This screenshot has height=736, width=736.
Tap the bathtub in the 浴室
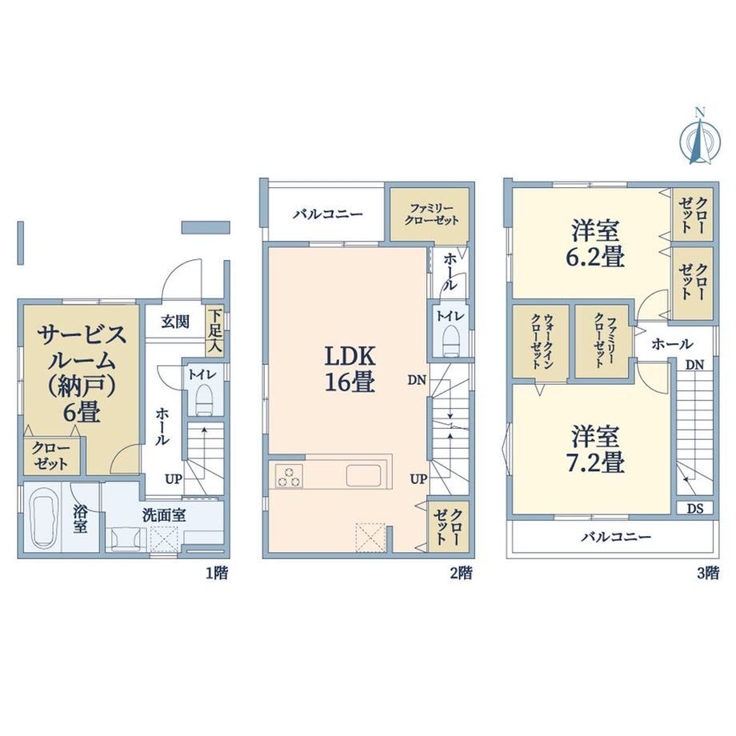[x=46, y=519]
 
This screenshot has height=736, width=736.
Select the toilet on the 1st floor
[x=204, y=399]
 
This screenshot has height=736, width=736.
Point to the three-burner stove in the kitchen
[x=289, y=475]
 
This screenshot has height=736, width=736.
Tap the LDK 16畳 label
[x=350, y=369]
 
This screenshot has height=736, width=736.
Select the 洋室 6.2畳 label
[x=594, y=244]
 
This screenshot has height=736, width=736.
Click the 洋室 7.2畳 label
[x=594, y=449]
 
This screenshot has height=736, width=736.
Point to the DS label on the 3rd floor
[x=694, y=508]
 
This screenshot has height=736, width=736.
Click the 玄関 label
[x=175, y=322]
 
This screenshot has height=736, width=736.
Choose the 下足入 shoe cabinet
[x=214, y=330]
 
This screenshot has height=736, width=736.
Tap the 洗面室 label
[x=164, y=515]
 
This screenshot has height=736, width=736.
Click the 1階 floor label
[x=217, y=573]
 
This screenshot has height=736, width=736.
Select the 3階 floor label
[x=708, y=573]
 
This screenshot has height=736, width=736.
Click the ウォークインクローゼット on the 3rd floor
[x=540, y=342]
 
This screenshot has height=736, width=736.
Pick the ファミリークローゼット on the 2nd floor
[x=430, y=214]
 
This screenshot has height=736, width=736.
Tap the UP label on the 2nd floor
[x=418, y=478]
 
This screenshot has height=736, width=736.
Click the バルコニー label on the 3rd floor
[x=616, y=537]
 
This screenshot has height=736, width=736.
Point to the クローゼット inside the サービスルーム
[x=52, y=456]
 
